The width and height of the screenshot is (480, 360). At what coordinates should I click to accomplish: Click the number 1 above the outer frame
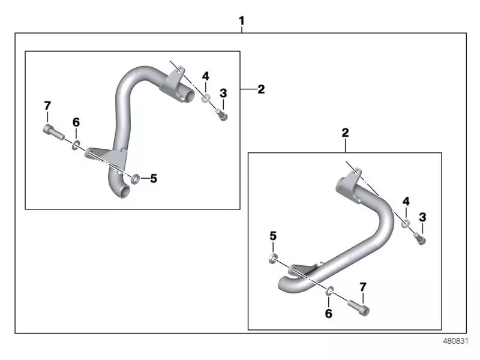pos(241,22)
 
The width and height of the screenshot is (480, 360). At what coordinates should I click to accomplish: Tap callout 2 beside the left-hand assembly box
pos(260,89)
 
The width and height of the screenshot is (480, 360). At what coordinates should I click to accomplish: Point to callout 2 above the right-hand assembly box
pos(345,131)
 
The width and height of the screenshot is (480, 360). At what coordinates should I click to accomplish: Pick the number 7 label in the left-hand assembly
pos(47,106)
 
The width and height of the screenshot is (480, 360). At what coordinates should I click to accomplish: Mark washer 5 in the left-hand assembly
pos(134,178)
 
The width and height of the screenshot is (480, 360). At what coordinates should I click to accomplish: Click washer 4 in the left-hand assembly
pos(206,98)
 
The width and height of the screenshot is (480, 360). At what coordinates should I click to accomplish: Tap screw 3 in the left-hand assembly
pos(223,115)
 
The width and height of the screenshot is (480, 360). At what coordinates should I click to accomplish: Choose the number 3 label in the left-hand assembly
pos(223,93)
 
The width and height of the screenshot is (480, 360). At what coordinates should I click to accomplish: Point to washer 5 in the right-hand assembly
pos(273,259)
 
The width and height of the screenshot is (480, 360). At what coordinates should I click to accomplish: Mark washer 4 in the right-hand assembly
pos(406,223)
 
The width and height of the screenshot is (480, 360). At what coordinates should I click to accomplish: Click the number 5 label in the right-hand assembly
pos(273,236)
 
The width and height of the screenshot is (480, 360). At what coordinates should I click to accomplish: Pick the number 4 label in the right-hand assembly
pos(406,200)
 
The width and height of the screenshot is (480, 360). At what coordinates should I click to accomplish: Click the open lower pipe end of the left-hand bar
pos(124,193)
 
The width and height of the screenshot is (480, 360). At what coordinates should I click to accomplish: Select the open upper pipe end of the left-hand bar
pos(188,95)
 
